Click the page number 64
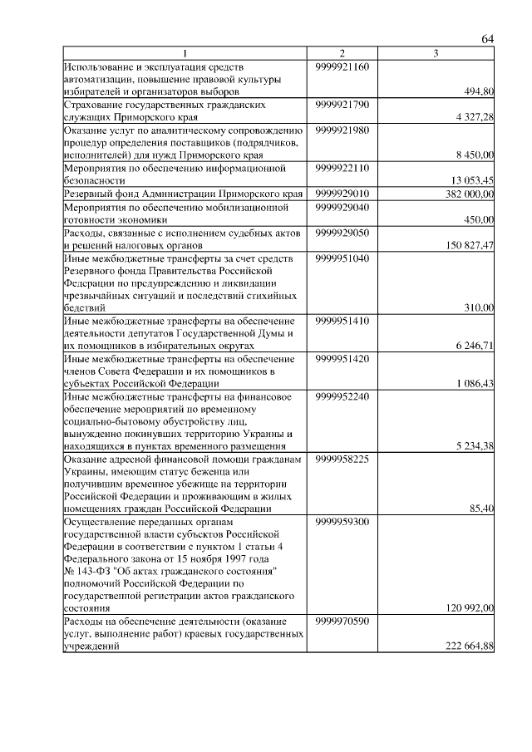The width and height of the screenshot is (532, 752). [488, 39]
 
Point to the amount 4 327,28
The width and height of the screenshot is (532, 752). [475, 118]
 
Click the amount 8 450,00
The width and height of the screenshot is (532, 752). [475, 155]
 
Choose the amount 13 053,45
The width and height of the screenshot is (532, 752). [472, 180]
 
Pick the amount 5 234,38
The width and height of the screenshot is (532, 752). [475, 446]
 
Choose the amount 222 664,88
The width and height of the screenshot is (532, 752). [470, 647]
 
